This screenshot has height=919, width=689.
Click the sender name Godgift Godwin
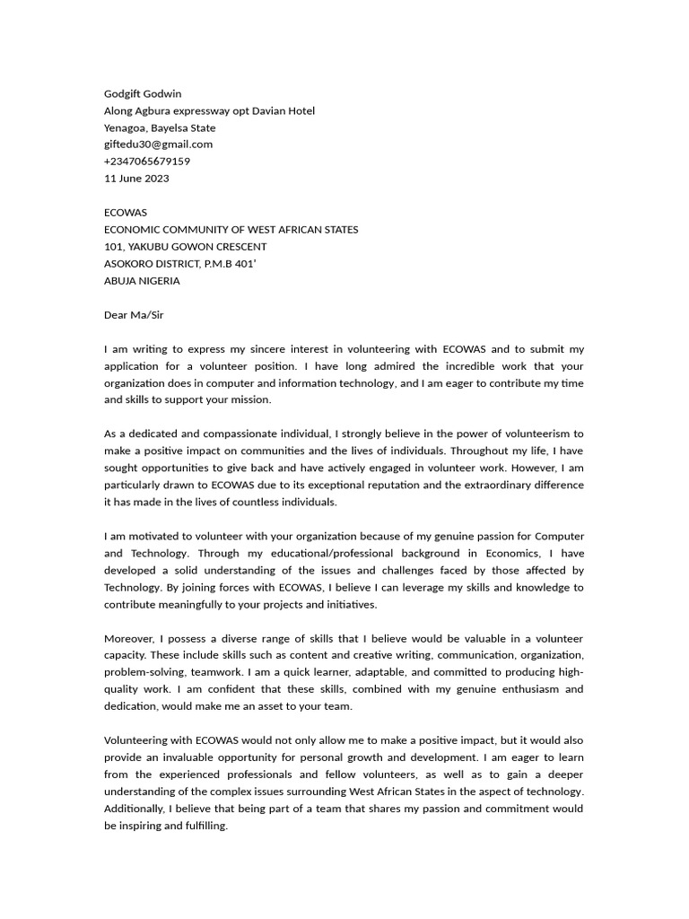click(x=143, y=93)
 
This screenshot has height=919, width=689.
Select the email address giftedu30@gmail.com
click(x=158, y=144)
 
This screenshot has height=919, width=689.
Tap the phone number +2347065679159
click(x=147, y=162)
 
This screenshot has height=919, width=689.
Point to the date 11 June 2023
click(x=136, y=179)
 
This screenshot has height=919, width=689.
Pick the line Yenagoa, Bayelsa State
click(x=160, y=127)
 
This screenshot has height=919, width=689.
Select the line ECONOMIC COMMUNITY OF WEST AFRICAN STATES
click(x=231, y=230)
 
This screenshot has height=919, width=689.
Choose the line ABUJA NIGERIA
click(x=142, y=281)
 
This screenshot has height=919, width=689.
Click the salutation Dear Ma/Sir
click(x=134, y=315)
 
